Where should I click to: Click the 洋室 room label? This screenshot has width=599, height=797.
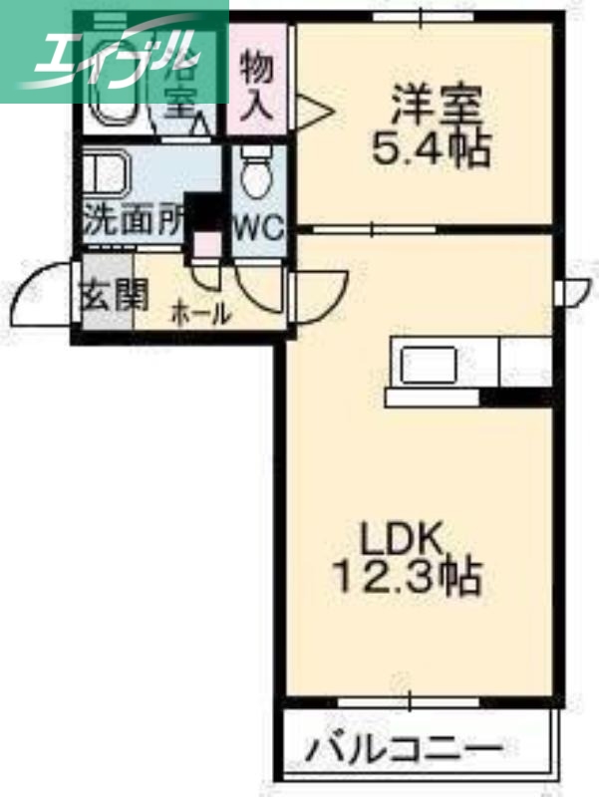436,105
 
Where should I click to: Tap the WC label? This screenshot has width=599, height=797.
258,226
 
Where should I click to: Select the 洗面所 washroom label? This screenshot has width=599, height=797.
133,219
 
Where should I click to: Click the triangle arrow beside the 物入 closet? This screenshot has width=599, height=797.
313,110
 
